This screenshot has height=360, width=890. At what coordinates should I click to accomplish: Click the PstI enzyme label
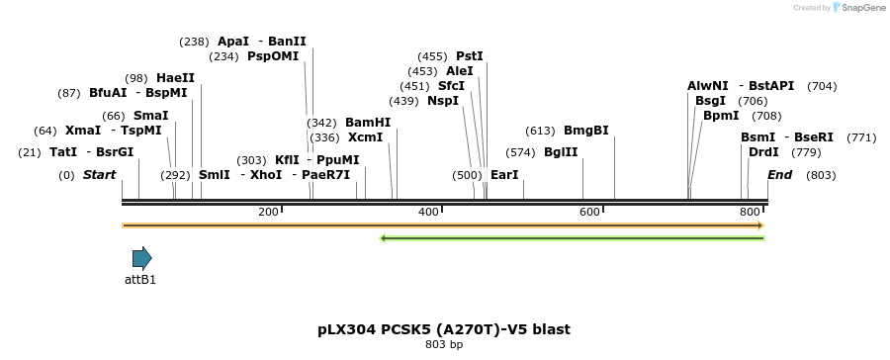click(x=470, y=56)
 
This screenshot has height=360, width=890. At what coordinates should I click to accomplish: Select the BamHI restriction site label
click(x=368, y=123)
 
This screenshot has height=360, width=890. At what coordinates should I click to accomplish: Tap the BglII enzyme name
click(x=561, y=152)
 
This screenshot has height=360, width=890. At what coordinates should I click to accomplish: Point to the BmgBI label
click(x=586, y=131)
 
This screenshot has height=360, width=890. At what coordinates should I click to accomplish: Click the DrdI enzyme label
click(x=763, y=152)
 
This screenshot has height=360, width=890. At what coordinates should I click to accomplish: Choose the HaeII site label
click(x=175, y=78)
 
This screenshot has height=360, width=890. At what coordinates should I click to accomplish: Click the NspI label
click(x=443, y=101)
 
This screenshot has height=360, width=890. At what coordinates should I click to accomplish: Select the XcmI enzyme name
click(x=366, y=137)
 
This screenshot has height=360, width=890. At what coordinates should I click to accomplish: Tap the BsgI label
click(x=710, y=101)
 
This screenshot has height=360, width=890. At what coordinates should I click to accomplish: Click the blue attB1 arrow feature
click(x=142, y=259)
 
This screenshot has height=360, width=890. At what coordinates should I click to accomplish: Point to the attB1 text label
click(x=140, y=280)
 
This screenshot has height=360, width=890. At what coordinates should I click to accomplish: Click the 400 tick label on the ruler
click(x=428, y=213)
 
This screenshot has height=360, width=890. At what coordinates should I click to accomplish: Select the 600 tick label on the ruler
click(x=589, y=213)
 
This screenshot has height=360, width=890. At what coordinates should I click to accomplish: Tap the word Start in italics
click(x=99, y=175)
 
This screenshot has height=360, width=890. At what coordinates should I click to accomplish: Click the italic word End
click(x=780, y=175)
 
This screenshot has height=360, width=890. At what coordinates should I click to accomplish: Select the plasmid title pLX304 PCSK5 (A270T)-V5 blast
click(x=444, y=329)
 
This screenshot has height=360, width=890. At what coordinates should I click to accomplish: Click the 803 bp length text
click(x=444, y=345)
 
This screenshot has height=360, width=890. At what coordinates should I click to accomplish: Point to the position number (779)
click(x=807, y=152)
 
